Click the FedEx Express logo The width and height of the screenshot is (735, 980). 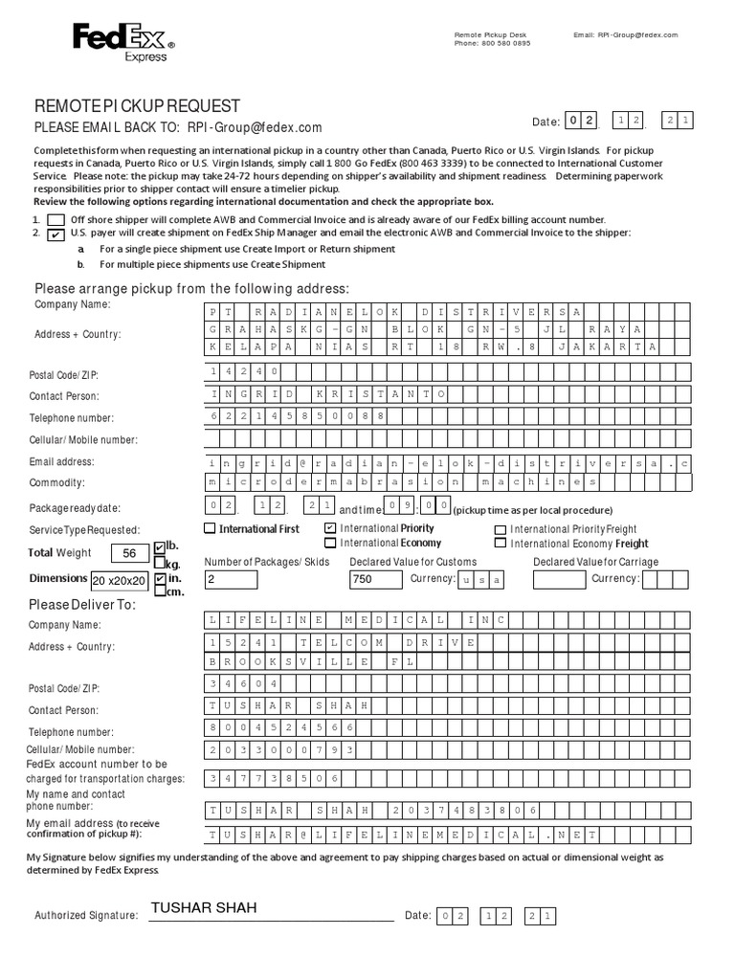(123, 42)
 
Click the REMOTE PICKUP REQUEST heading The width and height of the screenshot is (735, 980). (138, 106)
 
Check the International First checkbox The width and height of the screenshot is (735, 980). (211, 528)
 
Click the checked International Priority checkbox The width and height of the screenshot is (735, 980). (330, 528)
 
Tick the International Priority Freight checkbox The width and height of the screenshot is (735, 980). (500, 528)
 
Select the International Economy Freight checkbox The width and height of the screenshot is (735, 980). (500, 543)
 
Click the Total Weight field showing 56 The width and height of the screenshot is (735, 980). (130, 553)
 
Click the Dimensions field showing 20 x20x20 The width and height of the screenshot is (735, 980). (120, 580)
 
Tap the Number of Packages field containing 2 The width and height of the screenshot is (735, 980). (231, 579)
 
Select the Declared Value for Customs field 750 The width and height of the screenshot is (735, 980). (376, 579)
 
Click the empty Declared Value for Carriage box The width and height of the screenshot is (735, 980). (559, 579)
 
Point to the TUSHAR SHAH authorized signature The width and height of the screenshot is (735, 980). (204, 907)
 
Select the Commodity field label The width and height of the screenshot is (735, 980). (56, 483)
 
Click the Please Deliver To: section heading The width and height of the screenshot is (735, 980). (82, 605)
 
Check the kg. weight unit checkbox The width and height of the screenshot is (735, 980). (159, 565)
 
